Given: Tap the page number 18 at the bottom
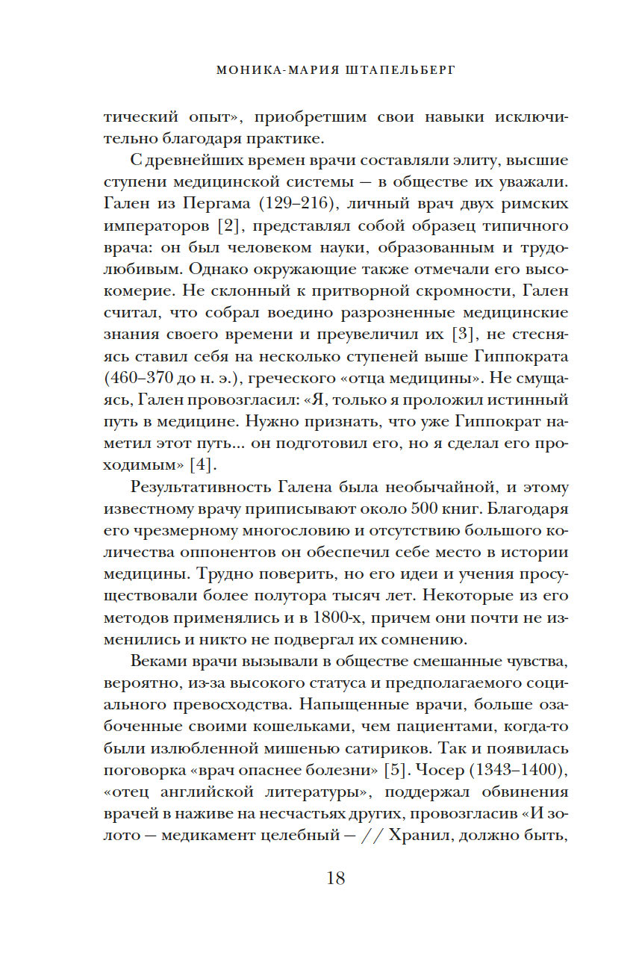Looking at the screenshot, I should [335, 878].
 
